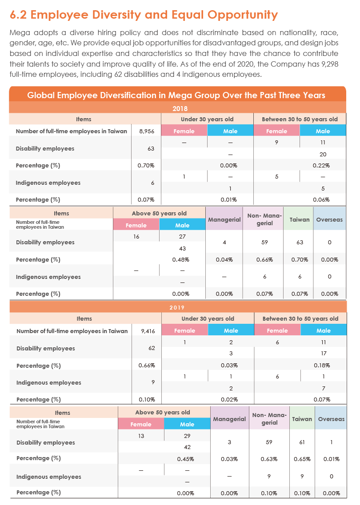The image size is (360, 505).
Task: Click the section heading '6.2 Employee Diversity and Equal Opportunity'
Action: point(144,15)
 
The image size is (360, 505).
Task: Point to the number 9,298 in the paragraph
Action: point(330,64)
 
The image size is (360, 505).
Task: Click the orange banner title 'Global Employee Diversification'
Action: point(176,95)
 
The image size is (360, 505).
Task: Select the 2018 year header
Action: point(180,108)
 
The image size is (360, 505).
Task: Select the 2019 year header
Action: point(177,307)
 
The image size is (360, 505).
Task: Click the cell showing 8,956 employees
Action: point(147,131)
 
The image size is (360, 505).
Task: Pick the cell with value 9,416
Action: point(148,331)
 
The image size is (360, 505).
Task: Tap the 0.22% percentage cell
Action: point(321,165)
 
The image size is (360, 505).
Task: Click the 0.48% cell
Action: point(180,259)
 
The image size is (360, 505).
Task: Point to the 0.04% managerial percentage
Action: point(224,259)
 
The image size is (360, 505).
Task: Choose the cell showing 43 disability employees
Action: point(182,248)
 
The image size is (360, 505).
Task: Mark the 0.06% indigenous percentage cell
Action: point(321,200)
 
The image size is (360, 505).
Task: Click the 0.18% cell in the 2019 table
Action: point(322,365)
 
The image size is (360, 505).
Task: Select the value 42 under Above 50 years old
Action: point(187,447)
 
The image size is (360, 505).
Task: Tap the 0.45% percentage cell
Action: point(186,459)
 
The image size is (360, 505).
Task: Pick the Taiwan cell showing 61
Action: point(302,442)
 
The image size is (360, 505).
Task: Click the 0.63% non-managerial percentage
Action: point(269,459)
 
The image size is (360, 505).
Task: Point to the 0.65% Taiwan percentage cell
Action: point(302,459)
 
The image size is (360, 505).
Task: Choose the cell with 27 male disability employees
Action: point(182,236)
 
